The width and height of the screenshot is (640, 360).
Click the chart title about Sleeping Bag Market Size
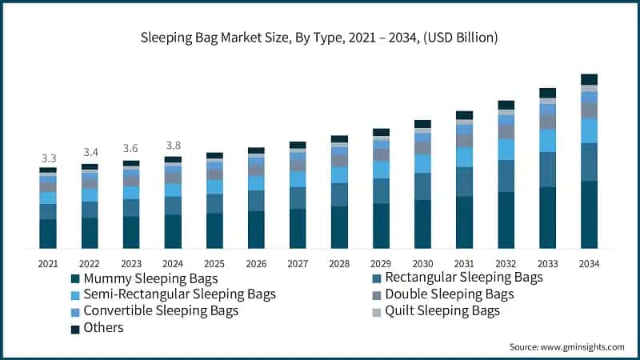tap(320, 37)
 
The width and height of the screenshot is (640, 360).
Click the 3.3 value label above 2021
tap(48, 158)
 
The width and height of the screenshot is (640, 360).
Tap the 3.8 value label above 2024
tap(173, 146)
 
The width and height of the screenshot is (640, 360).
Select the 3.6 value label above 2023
tap(131, 149)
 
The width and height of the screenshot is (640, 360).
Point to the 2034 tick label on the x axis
tap(589, 262)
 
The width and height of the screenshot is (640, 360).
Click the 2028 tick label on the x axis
tap(339, 262)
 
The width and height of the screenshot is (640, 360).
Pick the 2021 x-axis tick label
tap(48, 262)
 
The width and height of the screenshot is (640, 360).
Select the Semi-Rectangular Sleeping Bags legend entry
tap(172, 294)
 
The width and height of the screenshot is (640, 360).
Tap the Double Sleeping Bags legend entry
tap(448, 294)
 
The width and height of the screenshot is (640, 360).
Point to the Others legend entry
tap(104, 327)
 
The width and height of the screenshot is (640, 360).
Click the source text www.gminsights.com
tap(566, 346)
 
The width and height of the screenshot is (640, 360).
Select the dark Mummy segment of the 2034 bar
tap(589, 214)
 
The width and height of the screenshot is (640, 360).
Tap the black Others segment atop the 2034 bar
tap(589, 79)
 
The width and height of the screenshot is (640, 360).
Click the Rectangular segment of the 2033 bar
tap(547, 170)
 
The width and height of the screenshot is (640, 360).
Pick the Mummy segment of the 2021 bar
tap(48, 233)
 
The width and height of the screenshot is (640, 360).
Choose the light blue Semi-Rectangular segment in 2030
tap(422, 163)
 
